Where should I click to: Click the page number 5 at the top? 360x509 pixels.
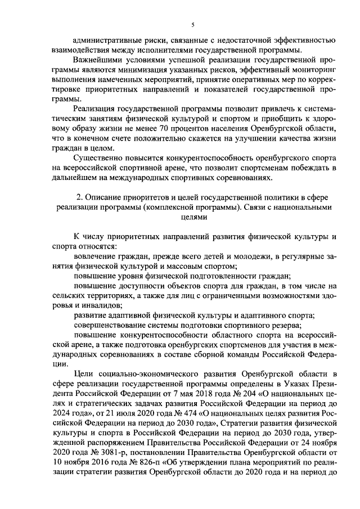pyautogui.click(x=192, y=24)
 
